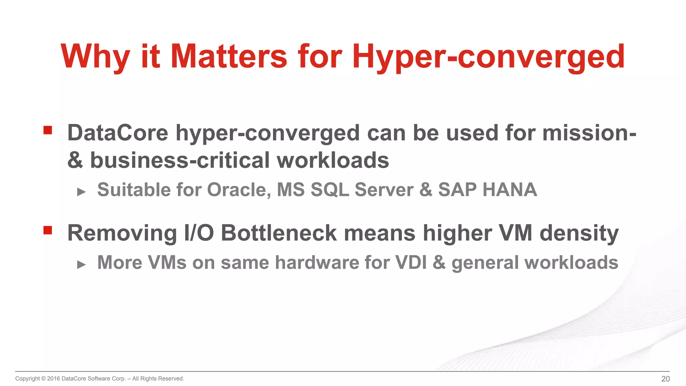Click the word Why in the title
tap(95, 57)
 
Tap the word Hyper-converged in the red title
tap(488, 57)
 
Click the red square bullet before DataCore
tap(48, 130)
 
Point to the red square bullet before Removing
tap(48, 230)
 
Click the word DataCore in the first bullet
tap(118, 133)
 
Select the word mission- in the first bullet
tap(589, 133)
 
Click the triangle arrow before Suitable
tap(81, 192)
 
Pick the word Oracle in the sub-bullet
tap(239, 190)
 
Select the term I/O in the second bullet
tap(199, 233)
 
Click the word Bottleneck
tap(279, 233)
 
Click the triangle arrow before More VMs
tap(81, 265)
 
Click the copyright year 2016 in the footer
tap(54, 379)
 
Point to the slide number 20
tap(665, 379)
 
